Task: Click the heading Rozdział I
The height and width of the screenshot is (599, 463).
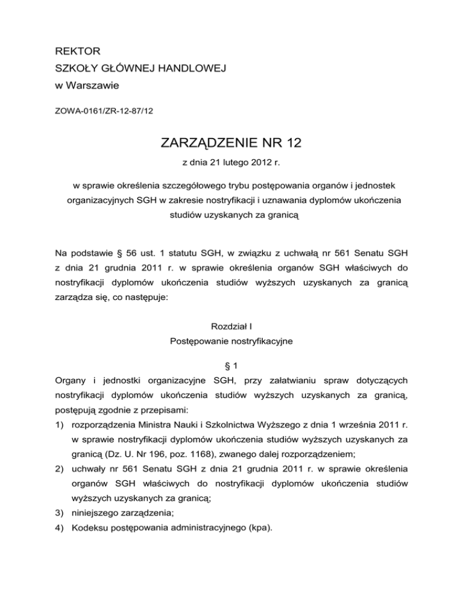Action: [231, 326]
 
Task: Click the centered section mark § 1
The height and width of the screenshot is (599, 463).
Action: [231, 366]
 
